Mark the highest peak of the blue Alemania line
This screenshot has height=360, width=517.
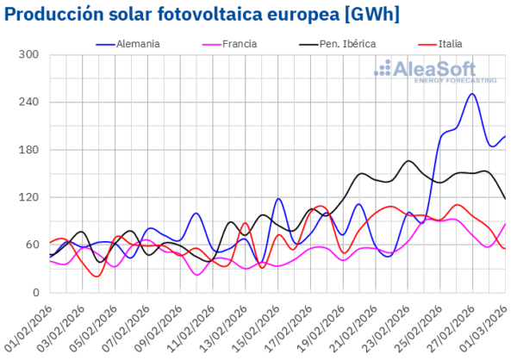pos(472,94)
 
